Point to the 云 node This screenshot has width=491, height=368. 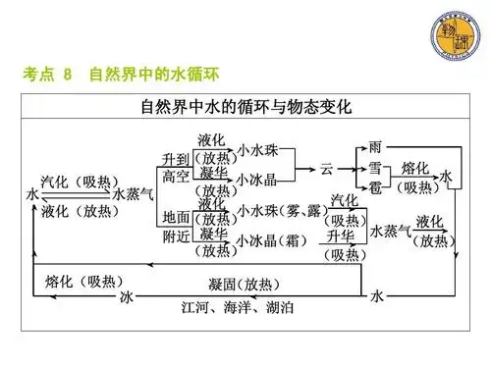coord(327,168)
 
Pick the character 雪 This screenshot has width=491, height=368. coord(374,167)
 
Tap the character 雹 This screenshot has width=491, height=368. coord(374,185)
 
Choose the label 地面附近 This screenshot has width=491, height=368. coord(176,226)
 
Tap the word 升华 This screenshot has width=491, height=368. coord(345,238)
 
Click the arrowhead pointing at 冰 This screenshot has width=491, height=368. coord(138,295)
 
